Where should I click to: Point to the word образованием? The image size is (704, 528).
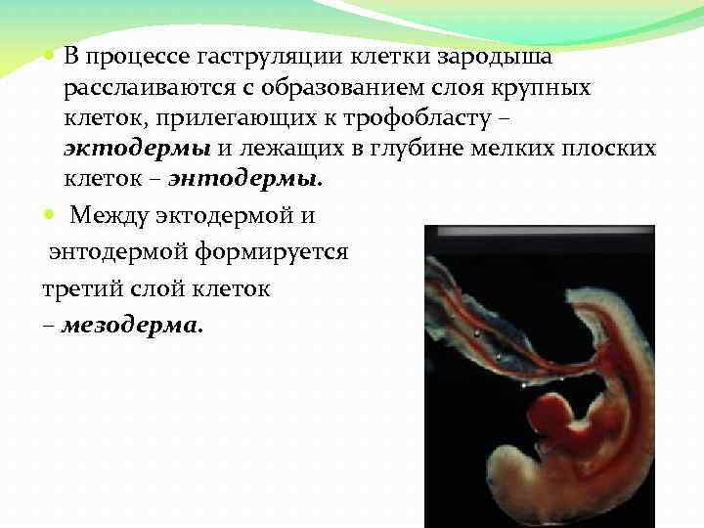[322, 89]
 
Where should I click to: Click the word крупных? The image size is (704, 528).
[544, 89]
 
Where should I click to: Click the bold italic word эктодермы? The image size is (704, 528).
[136, 150]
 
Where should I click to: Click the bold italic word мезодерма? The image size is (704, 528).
[132, 327]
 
